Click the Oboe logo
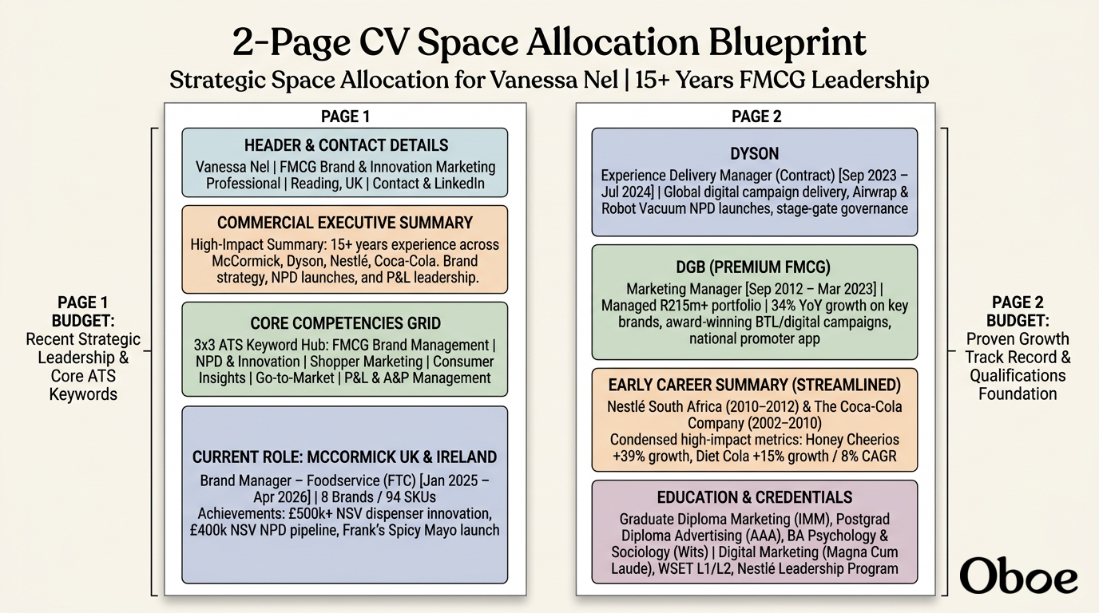[1018, 575]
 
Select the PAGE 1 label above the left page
[345, 117]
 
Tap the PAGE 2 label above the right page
[756, 117]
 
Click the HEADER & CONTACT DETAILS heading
[346, 145]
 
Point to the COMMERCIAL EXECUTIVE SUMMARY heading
[345, 223]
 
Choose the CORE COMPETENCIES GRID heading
[345, 323]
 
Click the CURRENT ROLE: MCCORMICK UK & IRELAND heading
[344, 457]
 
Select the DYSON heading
[755, 153]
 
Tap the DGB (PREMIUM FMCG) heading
[753, 267]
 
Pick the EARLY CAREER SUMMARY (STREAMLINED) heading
[755, 385]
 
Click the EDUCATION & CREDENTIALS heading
[755, 497]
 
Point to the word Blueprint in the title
[788, 43]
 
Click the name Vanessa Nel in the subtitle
[554, 80]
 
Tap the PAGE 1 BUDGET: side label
[83, 311]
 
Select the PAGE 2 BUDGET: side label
[1018, 311]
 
